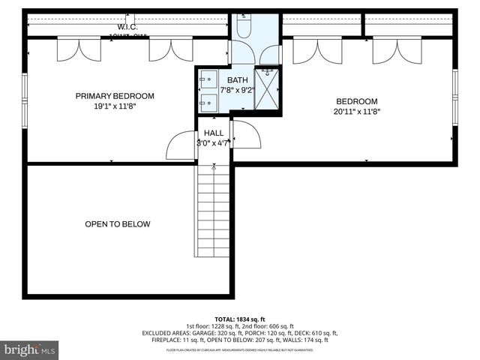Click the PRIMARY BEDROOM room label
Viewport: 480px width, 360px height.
pyautogui.click(x=115, y=96)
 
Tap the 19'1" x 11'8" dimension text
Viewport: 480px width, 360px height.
pyautogui.click(x=115, y=106)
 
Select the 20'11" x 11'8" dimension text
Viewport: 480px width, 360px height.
pyautogui.click(x=356, y=112)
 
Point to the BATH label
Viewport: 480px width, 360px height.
pyautogui.click(x=237, y=80)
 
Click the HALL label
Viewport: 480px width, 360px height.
pyautogui.click(x=214, y=133)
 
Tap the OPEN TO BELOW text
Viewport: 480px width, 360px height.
pyautogui.click(x=117, y=224)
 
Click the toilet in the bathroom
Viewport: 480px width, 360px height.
pyautogui.click(x=244, y=28)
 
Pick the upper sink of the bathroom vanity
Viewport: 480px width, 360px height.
pyautogui.click(x=208, y=79)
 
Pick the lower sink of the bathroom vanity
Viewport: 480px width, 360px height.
pyautogui.click(x=208, y=100)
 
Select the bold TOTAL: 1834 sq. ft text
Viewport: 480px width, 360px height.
pyautogui.click(x=239, y=319)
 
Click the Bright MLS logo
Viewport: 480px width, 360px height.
pyautogui.click(x=30, y=349)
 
